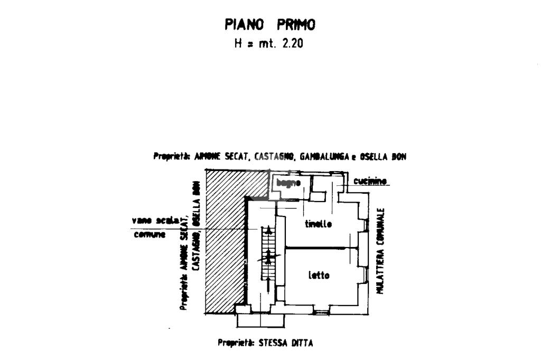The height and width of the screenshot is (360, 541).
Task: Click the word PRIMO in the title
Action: pos(296,24)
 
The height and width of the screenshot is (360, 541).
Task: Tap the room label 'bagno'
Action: pos(288,183)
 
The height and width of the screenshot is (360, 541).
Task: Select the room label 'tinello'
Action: pos(319,224)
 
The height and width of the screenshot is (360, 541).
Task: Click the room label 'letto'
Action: pos(319,275)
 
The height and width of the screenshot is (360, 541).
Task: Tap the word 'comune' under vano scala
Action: pos(150,234)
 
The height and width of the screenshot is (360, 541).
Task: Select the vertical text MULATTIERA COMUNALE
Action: pos(380,251)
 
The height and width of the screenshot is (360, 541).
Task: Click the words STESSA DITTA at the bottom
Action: pos(286,343)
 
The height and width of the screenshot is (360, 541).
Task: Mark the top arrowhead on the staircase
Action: pos(269,230)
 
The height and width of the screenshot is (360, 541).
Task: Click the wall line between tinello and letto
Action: pos(320,248)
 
